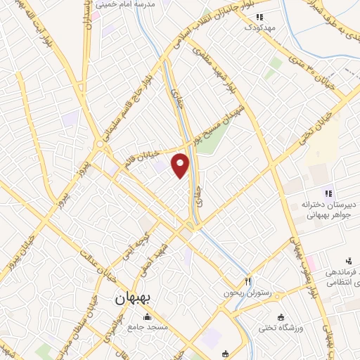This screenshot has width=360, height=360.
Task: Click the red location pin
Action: point(181,165)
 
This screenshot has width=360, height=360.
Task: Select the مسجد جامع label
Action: point(146,326)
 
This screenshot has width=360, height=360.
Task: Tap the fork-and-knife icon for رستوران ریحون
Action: point(247,281)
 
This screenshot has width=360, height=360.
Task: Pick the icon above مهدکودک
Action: point(259,17)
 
